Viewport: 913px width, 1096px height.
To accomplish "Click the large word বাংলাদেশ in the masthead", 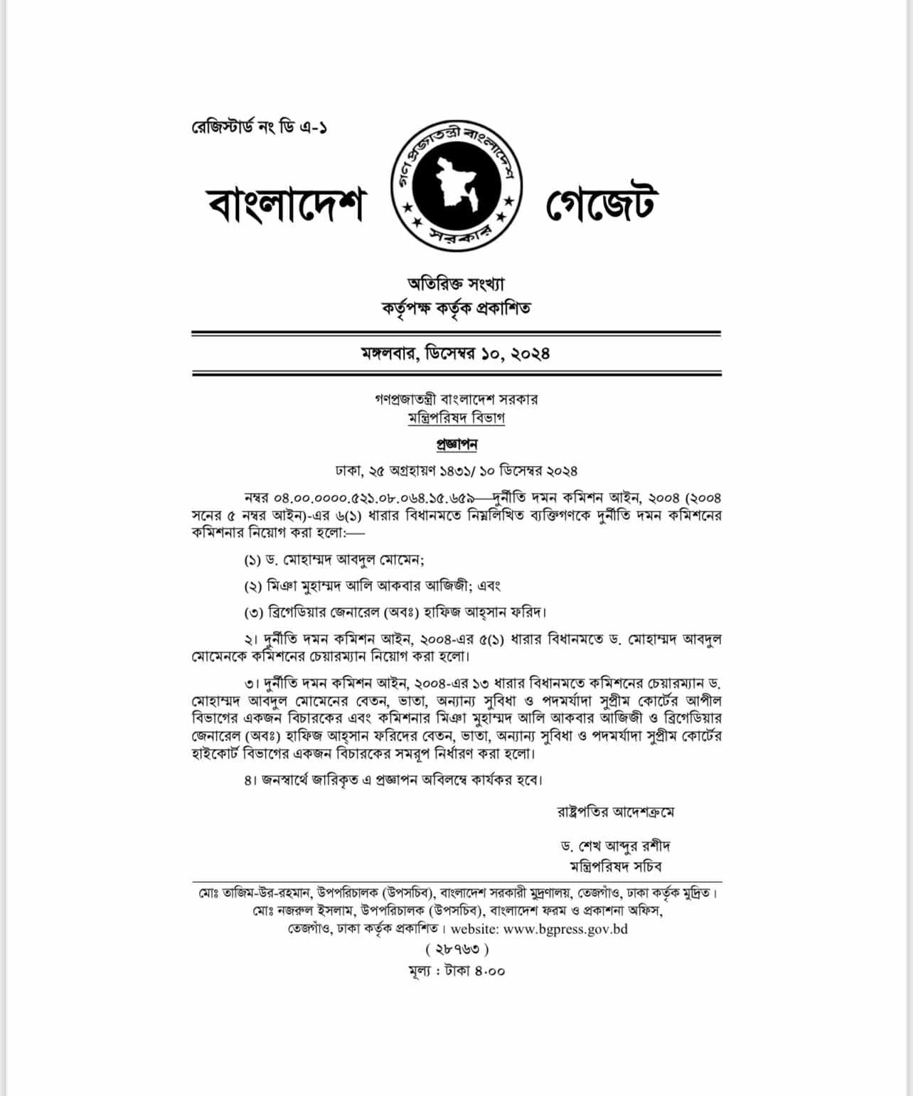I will (x=285, y=205).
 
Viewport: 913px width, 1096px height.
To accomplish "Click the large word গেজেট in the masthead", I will (x=601, y=204).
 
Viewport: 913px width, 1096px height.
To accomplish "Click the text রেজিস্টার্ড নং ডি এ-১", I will (x=259, y=128).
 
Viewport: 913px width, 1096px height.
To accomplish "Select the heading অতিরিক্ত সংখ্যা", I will (x=456, y=283).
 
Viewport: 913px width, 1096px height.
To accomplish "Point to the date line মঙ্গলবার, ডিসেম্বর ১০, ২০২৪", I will (x=456, y=353).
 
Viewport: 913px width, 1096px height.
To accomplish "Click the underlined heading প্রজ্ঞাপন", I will (x=457, y=445).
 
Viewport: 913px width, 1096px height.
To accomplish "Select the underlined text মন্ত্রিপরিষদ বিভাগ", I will (x=457, y=418).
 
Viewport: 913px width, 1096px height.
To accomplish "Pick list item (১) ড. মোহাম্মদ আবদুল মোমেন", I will (x=334, y=560).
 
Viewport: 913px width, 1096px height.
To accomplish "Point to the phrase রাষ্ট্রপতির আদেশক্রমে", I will (x=614, y=811).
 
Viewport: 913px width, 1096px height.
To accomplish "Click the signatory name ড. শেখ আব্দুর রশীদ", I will (x=615, y=846).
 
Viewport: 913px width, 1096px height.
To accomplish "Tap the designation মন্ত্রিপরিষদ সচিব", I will (x=615, y=866).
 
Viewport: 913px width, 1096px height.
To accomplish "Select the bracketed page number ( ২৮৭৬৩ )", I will (x=457, y=949).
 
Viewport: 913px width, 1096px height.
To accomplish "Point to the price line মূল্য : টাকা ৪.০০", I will (x=457, y=971).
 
